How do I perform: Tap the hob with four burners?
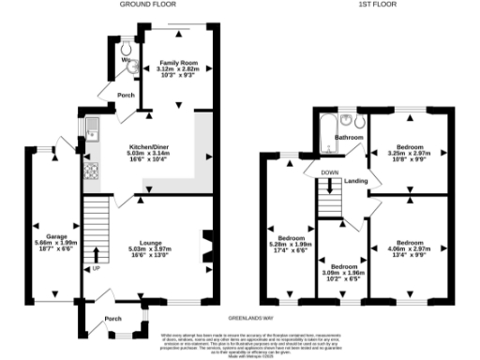click(x=92, y=172)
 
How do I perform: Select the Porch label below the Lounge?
click(x=112, y=318)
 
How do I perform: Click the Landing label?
click(x=355, y=181)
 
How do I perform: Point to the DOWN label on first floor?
click(x=330, y=173)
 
